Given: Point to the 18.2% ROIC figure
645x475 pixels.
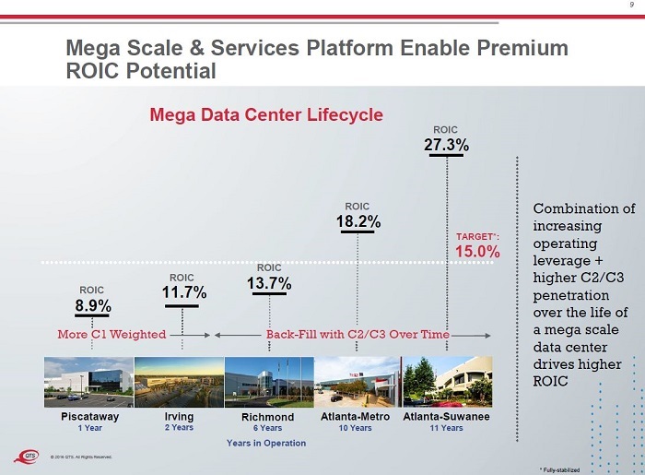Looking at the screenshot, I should click(x=358, y=221).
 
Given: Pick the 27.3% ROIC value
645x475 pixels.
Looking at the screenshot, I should click(x=446, y=145).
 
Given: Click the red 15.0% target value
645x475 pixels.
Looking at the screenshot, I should click(x=477, y=251).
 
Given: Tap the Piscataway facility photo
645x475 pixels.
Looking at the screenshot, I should click(x=88, y=382).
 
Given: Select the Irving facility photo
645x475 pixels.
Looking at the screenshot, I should click(x=179, y=382).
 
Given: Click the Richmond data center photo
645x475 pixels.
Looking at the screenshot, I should click(x=268, y=382).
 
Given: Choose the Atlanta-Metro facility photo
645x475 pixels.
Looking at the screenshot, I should click(x=358, y=382).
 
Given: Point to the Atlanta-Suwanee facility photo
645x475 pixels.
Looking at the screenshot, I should click(x=446, y=382).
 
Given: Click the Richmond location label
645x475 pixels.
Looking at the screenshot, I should click(x=268, y=417).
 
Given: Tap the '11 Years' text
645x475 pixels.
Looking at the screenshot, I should click(x=446, y=428).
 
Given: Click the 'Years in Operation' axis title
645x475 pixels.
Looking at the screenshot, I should click(x=266, y=444).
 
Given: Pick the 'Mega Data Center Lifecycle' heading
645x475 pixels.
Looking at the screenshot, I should click(x=266, y=114).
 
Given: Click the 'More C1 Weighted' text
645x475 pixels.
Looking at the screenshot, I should click(x=111, y=334).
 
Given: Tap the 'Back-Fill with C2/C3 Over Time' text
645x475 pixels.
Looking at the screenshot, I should click(x=358, y=334).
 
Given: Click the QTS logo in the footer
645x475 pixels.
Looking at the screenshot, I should click(x=33, y=455).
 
